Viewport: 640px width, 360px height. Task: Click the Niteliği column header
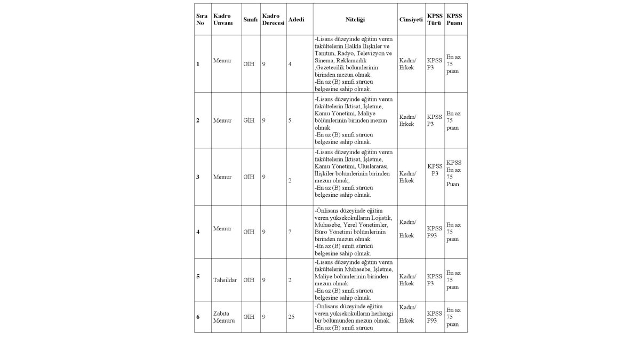[x=355, y=20]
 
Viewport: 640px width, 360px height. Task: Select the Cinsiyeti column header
[x=411, y=20]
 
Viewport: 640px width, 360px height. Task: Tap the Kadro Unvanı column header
[x=222, y=20]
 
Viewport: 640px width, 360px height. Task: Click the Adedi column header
[x=296, y=20]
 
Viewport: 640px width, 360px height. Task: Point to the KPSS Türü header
[x=434, y=20]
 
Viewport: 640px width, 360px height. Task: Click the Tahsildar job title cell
[x=225, y=279]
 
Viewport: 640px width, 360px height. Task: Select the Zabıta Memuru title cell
[x=223, y=317]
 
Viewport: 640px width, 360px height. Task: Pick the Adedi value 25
[x=291, y=317]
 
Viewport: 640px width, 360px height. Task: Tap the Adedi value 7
[x=290, y=232]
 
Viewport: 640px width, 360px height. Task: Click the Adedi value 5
[x=290, y=121]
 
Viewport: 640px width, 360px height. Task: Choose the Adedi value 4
[x=290, y=64]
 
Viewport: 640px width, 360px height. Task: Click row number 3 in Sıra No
[x=198, y=177]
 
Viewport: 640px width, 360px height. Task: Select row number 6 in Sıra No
[x=198, y=317]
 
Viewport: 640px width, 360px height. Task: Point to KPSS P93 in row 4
[x=434, y=231]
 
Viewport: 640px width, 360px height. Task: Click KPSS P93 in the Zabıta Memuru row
[x=434, y=317]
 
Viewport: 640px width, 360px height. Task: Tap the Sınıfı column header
[x=250, y=20]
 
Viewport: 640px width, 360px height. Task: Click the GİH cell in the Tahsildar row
[x=249, y=279]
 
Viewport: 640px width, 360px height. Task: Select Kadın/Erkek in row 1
[x=408, y=64]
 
